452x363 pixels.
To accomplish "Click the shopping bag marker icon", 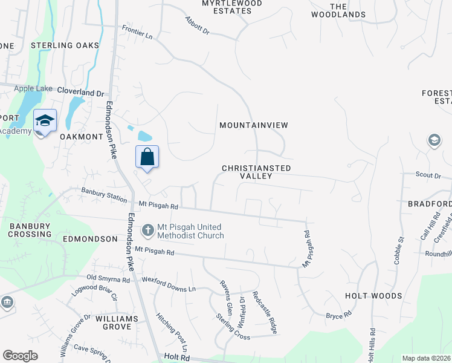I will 147,157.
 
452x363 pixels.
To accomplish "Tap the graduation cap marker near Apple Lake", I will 45,121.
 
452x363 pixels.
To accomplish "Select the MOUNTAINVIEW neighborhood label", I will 253,125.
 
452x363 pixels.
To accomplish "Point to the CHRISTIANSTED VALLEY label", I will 256,172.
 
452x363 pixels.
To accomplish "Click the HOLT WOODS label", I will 373,296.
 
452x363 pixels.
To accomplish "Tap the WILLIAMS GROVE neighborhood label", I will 112,322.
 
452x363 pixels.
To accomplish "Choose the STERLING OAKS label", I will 65,45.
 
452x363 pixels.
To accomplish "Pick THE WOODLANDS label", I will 347,10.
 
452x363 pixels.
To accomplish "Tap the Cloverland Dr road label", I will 81,93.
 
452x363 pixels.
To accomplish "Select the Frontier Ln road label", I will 137,31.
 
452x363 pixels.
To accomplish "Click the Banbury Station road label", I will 104,195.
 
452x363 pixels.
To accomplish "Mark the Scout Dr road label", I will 429,175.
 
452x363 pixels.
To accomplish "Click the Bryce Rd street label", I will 338,315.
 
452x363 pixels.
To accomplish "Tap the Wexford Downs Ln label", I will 169,284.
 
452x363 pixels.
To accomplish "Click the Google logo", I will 20,355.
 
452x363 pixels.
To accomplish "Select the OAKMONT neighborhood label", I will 82,137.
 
